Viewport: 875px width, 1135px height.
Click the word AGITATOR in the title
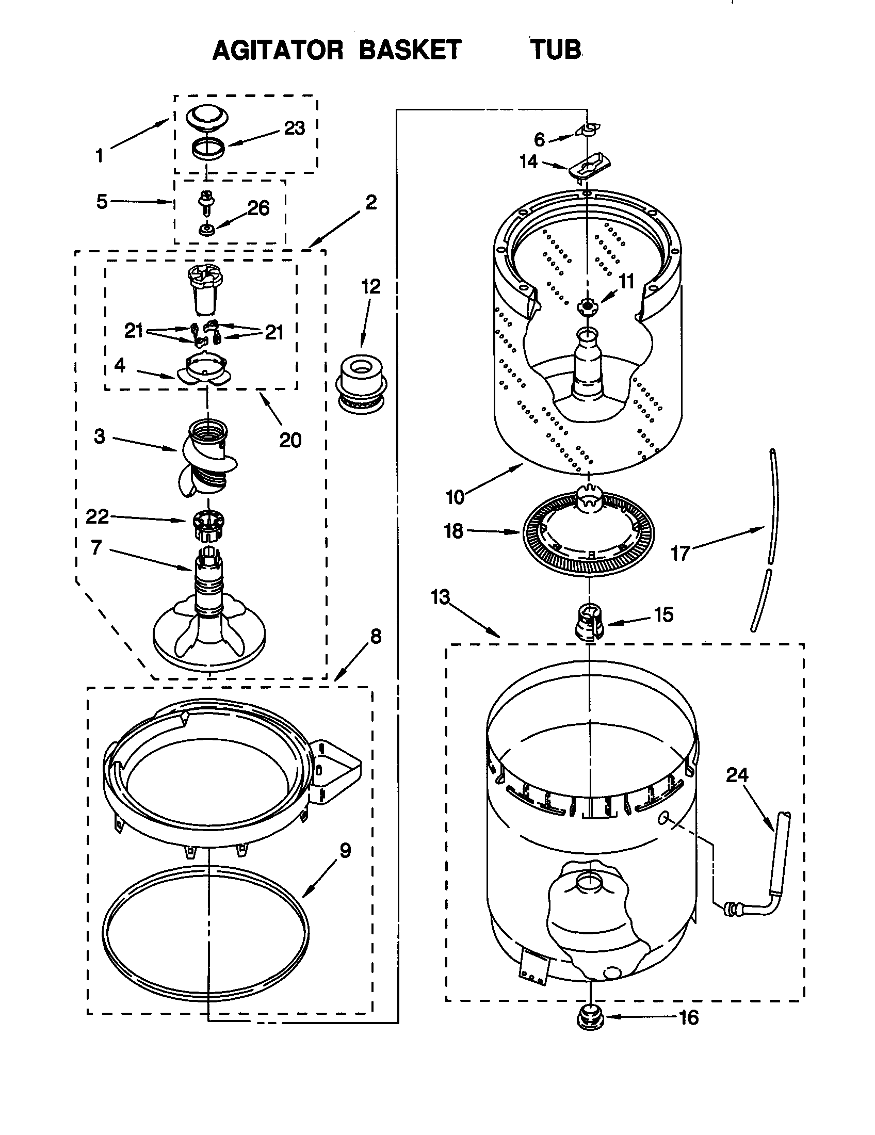(x=278, y=51)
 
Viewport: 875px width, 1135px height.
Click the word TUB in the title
(x=556, y=51)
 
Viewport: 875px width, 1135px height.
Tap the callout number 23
(x=294, y=128)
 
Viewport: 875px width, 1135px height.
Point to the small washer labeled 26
(x=207, y=229)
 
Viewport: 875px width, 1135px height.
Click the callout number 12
(x=371, y=286)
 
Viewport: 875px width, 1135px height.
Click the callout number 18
(x=453, y=531)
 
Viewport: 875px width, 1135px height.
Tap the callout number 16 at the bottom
(x=689, y=1017)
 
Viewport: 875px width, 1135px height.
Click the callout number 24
(x=737, y=775)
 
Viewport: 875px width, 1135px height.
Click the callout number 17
(x=679, y=553)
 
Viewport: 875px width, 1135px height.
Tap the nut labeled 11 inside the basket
(x=588, y=307)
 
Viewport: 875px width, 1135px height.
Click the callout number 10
(x=455, y=497)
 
